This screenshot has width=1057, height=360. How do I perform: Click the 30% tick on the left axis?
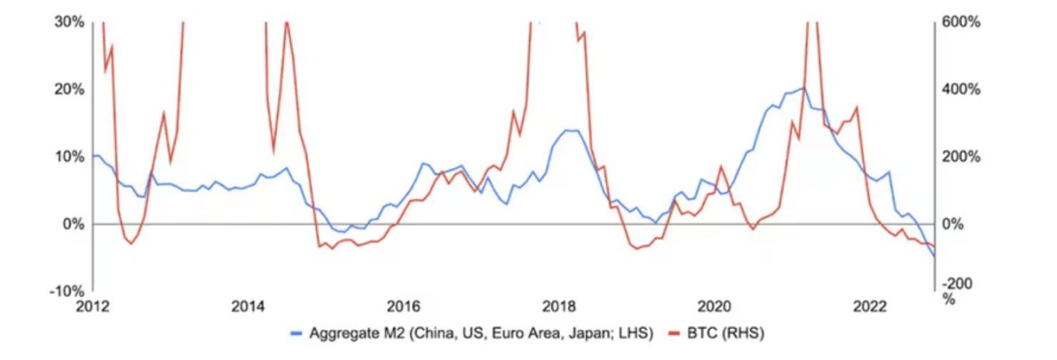[69, 22]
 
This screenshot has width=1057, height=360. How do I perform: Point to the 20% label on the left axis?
[69, 89]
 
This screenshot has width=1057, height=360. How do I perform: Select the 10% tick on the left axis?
[69, 156]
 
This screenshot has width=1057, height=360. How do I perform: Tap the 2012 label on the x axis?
[93, 306]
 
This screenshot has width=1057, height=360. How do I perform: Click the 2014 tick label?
[248, 306]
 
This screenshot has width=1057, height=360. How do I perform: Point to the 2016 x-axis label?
[404, 306]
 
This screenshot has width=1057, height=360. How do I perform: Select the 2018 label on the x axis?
[559, 306]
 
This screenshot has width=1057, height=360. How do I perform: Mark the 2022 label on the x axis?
[870, 306]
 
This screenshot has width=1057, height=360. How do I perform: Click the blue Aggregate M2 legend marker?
[297, 334]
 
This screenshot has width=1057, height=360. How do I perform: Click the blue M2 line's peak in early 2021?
[803, 88]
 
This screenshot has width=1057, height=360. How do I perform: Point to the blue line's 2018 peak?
[569, 130]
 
